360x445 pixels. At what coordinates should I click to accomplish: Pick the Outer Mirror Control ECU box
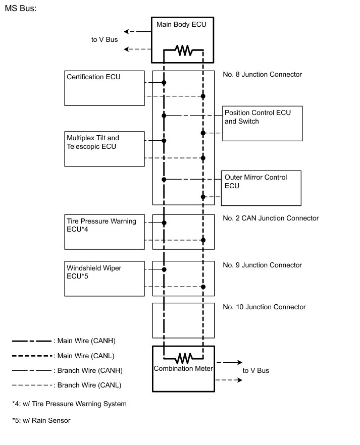[x=261, y=188]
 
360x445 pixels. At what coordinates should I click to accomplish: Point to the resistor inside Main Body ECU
[x=183, y=50]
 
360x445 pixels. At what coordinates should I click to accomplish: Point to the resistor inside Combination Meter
[x=183, y=358]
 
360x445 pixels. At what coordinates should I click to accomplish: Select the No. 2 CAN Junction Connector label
[x=271, y=218]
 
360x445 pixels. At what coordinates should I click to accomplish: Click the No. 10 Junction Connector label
[x=264, y=307]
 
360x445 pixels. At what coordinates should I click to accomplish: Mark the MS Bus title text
[x=21, y=10]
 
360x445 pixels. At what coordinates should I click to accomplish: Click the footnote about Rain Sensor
[x=41, y=420]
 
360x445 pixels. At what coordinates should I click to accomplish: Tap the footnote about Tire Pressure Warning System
[x=69, y=404]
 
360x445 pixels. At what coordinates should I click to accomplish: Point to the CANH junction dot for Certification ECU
[x=164, y=82]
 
